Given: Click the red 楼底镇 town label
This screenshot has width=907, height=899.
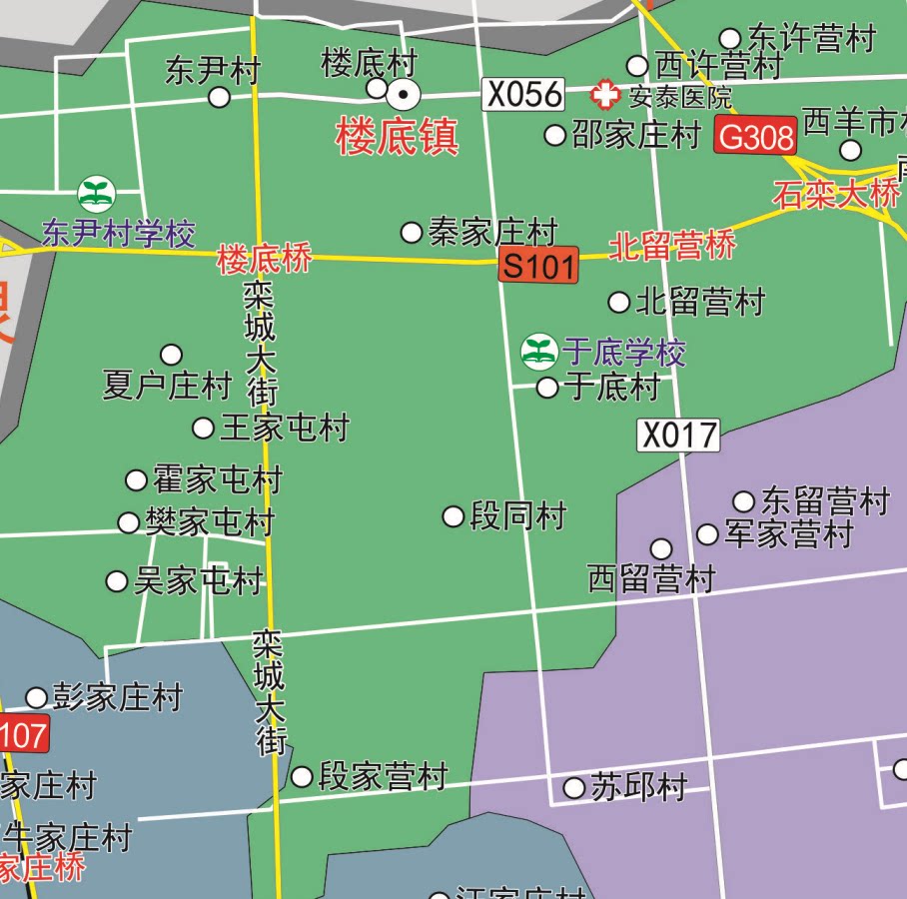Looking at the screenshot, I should point(398,137).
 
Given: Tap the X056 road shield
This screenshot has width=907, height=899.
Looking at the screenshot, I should point(524,95).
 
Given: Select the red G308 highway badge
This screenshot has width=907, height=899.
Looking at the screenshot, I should point(755,136).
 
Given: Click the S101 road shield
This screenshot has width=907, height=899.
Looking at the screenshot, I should point(538,266).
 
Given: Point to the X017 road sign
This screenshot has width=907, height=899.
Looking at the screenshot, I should point(678,435).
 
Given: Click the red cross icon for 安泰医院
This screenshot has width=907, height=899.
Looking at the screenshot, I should point(604,96).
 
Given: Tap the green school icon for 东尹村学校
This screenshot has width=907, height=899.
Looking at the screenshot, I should point(97,194).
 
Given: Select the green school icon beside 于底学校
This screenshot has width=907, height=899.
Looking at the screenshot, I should point(538,352).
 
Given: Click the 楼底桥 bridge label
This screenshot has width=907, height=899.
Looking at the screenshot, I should point(265,260).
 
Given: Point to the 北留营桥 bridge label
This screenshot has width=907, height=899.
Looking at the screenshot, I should point(672,246).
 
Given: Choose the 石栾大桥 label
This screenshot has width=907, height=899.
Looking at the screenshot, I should point(835,194).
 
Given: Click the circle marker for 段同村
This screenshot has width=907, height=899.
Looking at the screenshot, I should point(453,516).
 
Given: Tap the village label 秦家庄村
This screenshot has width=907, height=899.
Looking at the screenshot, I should point(492,233).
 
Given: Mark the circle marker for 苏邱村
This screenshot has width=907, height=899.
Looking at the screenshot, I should point(574,788).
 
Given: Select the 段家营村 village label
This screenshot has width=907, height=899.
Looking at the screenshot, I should point(382,776).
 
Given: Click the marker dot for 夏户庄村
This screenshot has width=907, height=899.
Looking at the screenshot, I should point(172,355).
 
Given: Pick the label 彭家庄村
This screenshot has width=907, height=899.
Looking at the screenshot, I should point(118,697).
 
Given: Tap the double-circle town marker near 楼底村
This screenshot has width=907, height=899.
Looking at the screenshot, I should point(404,96).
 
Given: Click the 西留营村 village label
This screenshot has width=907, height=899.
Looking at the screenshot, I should point(651,578).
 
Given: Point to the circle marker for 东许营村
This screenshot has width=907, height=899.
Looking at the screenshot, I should point(730,39).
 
